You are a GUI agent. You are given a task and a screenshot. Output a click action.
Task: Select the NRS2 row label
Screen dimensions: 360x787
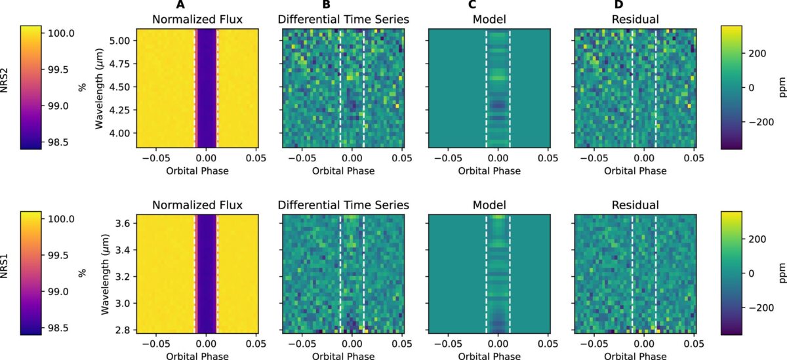click(x=5, y=86)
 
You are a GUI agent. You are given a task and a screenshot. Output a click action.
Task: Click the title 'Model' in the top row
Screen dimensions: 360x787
click(x=489, y=20)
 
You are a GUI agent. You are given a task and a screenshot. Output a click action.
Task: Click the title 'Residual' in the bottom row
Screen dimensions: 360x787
click(x=634, y=205)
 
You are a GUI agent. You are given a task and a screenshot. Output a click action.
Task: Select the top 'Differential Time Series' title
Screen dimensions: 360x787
click(x=343, y=20)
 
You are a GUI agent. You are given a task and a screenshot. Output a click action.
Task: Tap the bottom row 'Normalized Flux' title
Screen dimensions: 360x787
click(x=197, y=205)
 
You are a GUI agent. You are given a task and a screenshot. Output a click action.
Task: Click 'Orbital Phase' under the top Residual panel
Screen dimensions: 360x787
click(x=634, y=171)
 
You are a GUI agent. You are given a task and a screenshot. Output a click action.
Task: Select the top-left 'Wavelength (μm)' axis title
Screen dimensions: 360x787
click(x=100, y=86)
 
